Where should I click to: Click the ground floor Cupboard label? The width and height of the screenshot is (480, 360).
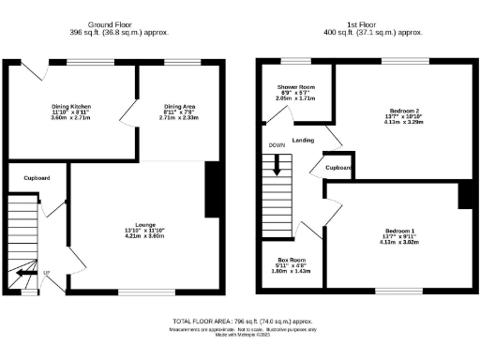pos(37,177)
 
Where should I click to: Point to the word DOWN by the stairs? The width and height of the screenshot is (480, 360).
pos(276,146)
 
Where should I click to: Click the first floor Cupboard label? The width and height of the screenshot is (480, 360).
pos(338,168)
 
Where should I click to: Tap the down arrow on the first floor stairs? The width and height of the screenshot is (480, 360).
pos(277,166)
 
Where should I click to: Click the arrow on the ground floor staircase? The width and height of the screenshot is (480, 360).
pos(21,273)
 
